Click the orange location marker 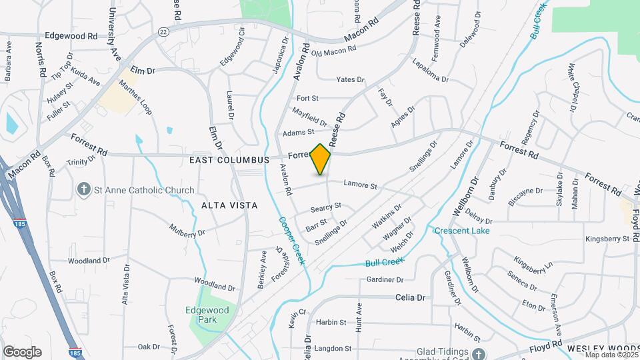pos(321,159)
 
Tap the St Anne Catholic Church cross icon pos(84,191)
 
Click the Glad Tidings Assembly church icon pos(478,353)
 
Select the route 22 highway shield pos(163,31)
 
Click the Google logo pos(22,351)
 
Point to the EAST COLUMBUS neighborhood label pos(229,160)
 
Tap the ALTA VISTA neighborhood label pos(229,206)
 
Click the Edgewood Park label pos(207,315)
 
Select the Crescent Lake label pos(462,231)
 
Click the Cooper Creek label pos(292,240)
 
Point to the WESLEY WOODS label pos(602,349)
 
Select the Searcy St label pos(325,208)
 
